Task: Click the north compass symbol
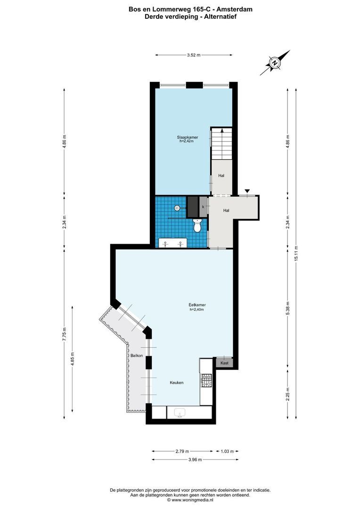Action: (274, 62)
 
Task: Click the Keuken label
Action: (177, 383)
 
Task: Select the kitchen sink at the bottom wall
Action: (180, 413)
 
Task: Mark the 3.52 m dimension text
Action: (193, 55)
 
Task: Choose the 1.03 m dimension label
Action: (227, 451)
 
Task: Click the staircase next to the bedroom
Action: (221, 144)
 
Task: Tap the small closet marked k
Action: (203, 207)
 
